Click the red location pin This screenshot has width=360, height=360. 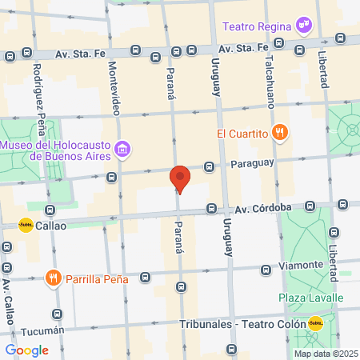coord(180,178)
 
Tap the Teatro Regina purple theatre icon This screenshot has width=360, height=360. coord(303,25)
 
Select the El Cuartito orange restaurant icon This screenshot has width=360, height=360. coord(279,133)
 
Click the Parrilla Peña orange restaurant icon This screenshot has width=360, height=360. coord(54,278)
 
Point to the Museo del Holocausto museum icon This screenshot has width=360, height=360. coord(122,149)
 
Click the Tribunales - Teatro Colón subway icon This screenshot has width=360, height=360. coord(316,324)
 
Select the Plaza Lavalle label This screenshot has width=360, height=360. coord(310,298)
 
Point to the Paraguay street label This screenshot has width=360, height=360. coord(252,163)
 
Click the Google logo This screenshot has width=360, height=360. coord(26,350)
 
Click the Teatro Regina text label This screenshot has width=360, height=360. coord(255,26)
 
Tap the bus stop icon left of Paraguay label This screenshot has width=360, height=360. coord(209,166)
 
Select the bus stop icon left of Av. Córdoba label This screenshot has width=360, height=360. coord(211,209)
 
